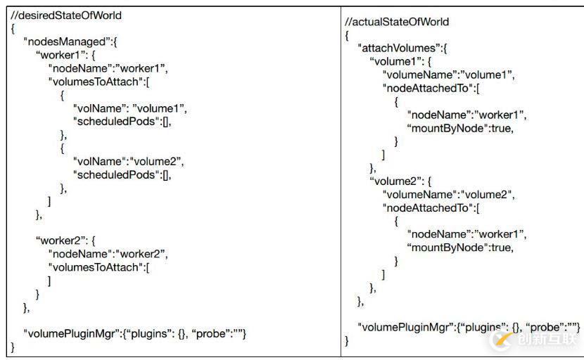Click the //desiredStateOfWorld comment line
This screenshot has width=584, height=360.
pos(61,15)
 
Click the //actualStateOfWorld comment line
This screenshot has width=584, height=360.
pos(397,22)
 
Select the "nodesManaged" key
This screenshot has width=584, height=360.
pos(70,41)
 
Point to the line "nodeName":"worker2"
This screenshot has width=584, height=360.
pos(108,254)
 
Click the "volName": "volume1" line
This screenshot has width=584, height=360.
pos(130,108)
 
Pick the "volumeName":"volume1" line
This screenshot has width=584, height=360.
pos(448,75)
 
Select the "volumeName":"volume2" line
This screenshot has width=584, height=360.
pos(448,194)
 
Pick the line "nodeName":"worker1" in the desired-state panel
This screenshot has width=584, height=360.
pos(108,68)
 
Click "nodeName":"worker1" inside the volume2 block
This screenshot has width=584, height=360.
pos(466,234)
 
